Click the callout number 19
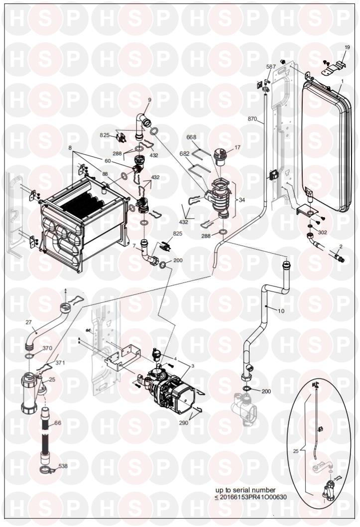point(348,47)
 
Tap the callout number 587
point(271,66)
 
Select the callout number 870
point(253,119)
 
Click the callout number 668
point(192,138)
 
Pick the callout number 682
point(184,154)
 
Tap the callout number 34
point(242,200)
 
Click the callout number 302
point(323,232)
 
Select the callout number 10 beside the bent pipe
point(281,310)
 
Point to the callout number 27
point(28,322)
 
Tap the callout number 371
point(60,363)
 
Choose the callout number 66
point(57,423)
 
